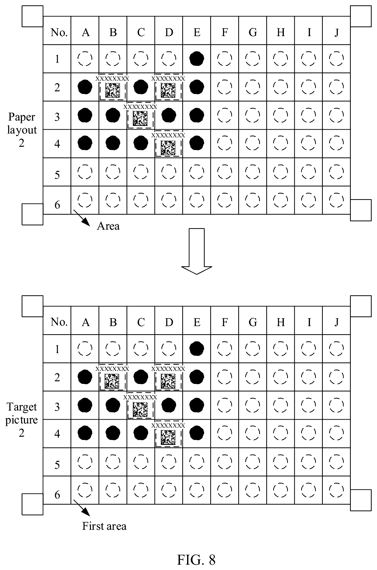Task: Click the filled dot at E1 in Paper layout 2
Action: coord(197,59)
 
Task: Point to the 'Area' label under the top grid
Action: coord(108,226)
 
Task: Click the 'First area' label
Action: coord(104,526)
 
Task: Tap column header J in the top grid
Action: coord(337,32)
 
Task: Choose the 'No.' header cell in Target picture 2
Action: coord(59,322)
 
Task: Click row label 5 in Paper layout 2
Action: coord(57,175)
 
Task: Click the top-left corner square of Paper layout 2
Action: coord(32,16)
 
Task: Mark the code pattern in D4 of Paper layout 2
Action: coord(168,148)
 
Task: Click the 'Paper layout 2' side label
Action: coord(22,130)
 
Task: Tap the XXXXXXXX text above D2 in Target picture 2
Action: coord(168,368)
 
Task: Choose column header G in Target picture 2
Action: coord(253,322)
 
